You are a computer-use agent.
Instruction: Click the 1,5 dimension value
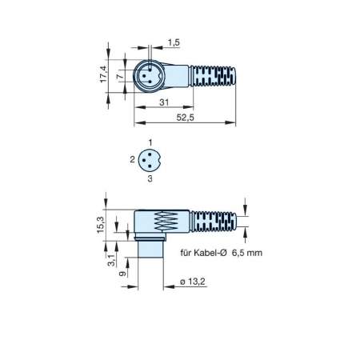click(x=174, y=42)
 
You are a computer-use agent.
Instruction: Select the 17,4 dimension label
click(x=103, y=74)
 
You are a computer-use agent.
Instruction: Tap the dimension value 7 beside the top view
click(x=121, y=76)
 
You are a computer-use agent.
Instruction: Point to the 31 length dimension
click(x=164, y=102)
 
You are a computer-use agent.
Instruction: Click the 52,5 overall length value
click(x=186, y=118)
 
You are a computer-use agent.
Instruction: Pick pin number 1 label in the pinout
click(x=150, y=142)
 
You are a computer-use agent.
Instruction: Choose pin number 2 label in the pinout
click(x=133, y=159)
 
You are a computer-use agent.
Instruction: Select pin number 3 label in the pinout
click(x=150, y=178)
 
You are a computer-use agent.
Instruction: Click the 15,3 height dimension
click(x=101, y=225)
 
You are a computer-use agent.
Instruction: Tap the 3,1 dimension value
click(x=111, y=260)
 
